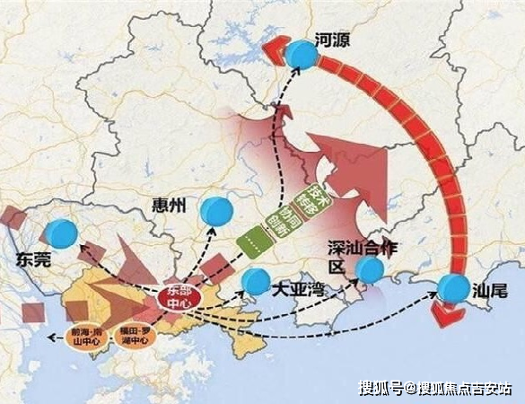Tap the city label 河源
[x=334, y=39]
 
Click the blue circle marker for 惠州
[x=215, y=210]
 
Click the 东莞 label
[x=37, y=261]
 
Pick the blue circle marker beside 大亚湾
[x=256, y=280]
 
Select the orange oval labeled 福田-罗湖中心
[x=137, y=334]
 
